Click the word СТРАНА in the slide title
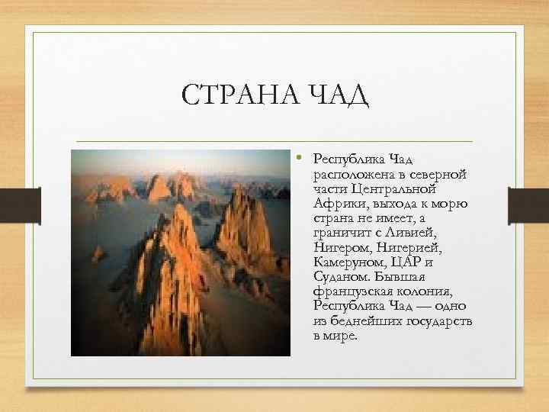click(232, 97)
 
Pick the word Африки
click(335, 204)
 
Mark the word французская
click(350, 292)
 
